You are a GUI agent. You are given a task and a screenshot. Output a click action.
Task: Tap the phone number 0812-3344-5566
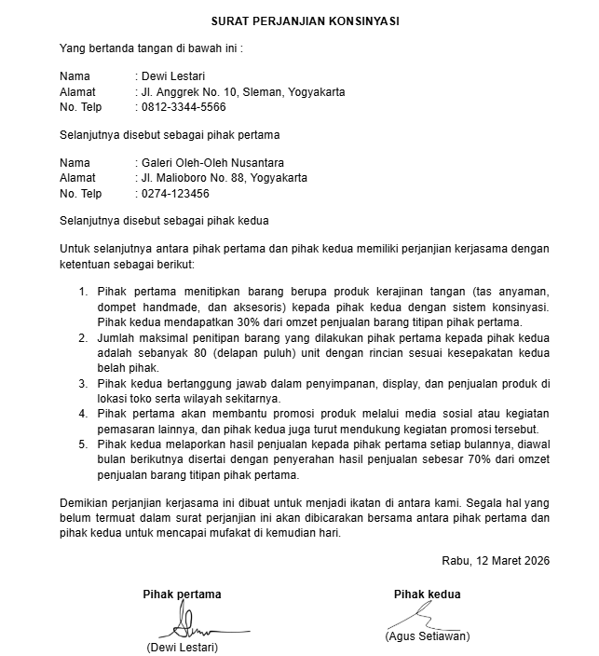pyautogui.click(x=184, y=107)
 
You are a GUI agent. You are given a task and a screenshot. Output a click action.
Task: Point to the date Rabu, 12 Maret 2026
pyautogui.click(x=496, y=560)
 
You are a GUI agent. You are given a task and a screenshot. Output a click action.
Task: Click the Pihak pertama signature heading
pyautogui.click(x=182, y=594)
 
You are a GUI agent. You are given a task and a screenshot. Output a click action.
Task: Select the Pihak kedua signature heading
pyautogui.click(x=427, y=594)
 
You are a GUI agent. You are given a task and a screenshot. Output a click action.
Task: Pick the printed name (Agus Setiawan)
pyautogui.click(x=427, y=636)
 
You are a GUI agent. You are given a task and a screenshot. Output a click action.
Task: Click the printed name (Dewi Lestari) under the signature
pyautogui.click(x=182, y=647)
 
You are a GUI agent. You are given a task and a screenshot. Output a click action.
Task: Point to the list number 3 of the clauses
pyautogui.click(x=83, y=383)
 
